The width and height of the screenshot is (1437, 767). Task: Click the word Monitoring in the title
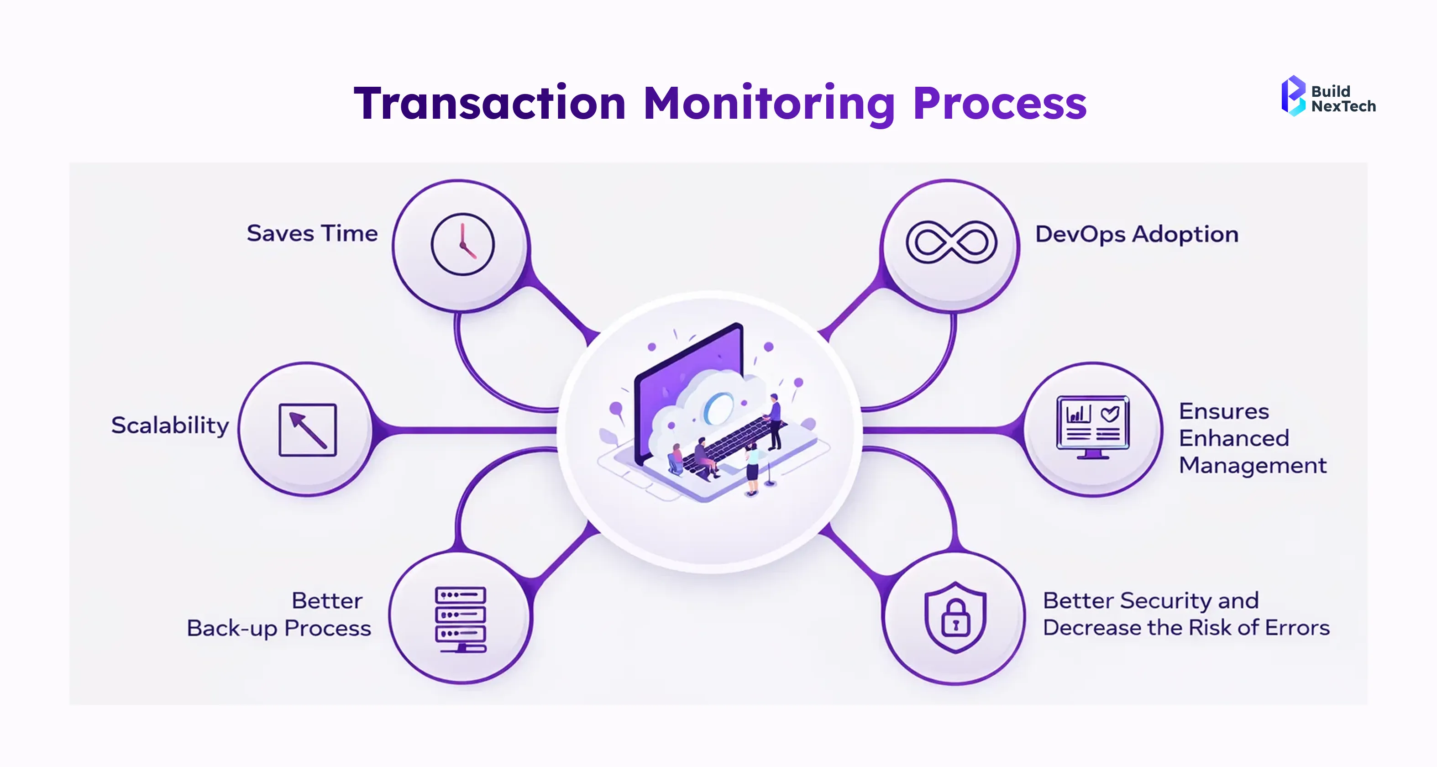coord(769,104)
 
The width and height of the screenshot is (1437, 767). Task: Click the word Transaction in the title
coord(490,104)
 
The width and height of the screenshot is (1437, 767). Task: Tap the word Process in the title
coord(1000,104)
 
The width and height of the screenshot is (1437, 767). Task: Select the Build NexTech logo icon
coord(1293,96)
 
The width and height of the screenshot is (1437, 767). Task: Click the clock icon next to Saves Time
coord(462,244)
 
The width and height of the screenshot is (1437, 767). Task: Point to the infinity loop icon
coord(951,242)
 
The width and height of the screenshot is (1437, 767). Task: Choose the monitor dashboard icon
coord(1093,427)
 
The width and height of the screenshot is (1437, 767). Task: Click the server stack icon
coord(461,619)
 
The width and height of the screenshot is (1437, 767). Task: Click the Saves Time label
coord(312,233)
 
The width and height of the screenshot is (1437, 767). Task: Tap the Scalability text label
coord(170,425)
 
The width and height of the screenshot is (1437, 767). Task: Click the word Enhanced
coord(1234,438)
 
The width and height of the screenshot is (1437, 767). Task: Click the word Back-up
coord(232,629)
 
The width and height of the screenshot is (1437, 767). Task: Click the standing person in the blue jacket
coord(774,421)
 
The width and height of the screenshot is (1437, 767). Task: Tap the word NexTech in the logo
coord(1343,106)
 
